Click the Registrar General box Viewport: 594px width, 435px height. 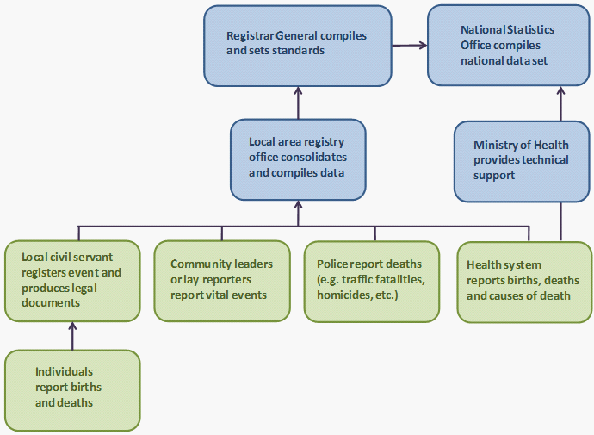[298, 46]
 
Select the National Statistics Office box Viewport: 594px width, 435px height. [508, 46]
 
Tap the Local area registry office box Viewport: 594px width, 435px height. [298, 159]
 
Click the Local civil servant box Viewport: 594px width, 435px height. [71, 280]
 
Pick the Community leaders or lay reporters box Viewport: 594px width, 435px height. [222, 280]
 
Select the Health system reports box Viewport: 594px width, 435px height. [523, 282]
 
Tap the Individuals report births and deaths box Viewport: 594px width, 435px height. [71, 389]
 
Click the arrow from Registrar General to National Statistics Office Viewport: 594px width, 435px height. [410, 45]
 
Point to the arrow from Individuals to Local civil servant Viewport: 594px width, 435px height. [72, 336]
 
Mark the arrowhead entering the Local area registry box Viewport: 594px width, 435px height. [298, 207]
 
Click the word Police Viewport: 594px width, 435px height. [332, 264]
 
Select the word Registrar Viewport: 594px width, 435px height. [248, 36]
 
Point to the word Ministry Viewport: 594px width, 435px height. [493, 145]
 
